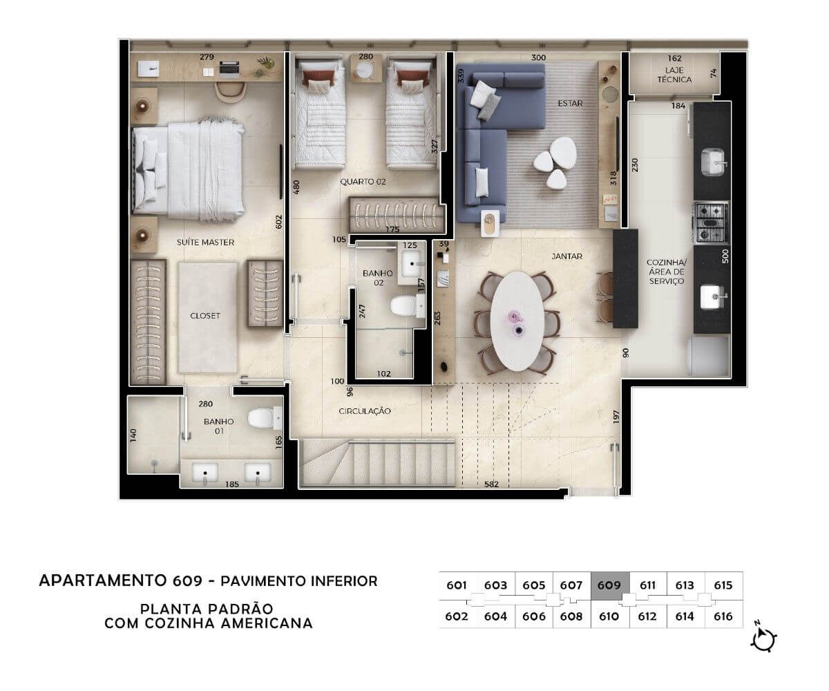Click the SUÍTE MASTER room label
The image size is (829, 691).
(205, 243)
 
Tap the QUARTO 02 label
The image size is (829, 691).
(363, 182)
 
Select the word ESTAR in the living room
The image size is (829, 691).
(570, 103)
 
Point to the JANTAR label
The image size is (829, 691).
(567, 256)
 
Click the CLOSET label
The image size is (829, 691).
(205, 316)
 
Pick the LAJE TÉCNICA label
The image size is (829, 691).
(674, 75)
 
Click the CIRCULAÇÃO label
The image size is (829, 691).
(365, 411)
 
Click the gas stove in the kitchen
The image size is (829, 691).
(711, 223)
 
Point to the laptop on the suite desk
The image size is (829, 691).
(229, 69)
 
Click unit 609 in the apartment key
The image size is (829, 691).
(609, 586)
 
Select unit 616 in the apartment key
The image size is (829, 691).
(723, 616)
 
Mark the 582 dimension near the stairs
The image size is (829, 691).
(491, 484)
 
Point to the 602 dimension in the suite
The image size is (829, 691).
(278, 222)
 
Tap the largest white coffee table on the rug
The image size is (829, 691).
(563, 152)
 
